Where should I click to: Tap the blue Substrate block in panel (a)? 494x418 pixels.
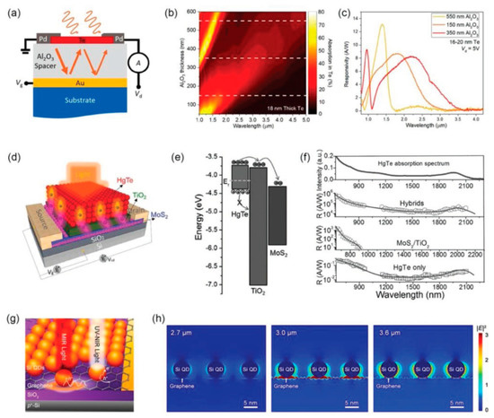click(x=82, y=117)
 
